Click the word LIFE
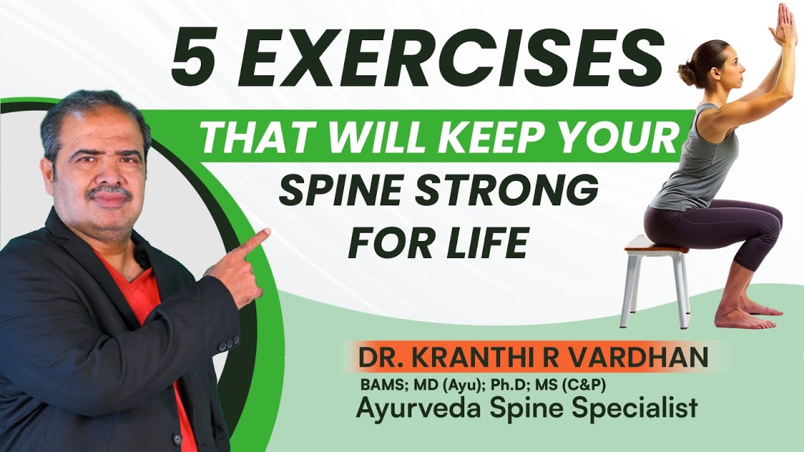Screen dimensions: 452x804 point(486,243)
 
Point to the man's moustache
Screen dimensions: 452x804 point(109,191)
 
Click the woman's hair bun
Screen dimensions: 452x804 point(687,73)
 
